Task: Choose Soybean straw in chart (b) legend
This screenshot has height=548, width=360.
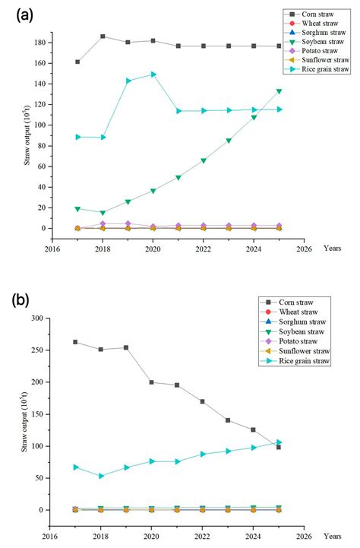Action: point(308,331)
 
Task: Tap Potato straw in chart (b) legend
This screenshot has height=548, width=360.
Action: point(305,341)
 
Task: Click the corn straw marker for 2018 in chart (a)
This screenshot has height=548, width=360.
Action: point(103,36)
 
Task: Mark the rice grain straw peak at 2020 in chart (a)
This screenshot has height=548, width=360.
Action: point(153,74)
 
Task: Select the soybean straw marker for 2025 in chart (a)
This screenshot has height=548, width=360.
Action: point(279,91)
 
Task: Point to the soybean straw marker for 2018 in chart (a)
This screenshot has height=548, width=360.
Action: point(103,213)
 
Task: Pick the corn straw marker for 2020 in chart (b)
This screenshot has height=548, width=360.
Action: point(153,382)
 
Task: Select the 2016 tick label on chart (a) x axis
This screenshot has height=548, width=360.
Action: point(52,248)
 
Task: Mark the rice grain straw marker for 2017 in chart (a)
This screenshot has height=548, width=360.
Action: point(77,137)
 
